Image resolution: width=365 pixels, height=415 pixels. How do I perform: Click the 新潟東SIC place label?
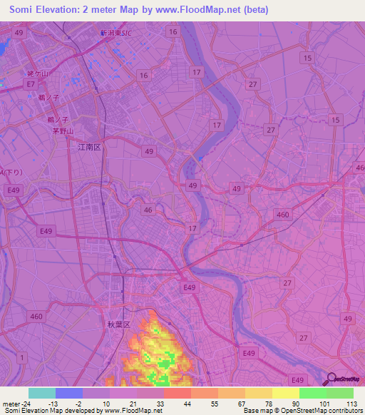click(x=116, y=33)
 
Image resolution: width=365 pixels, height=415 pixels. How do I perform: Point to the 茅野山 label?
click(x=63, y=131)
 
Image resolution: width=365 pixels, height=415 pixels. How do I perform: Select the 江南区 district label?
click(x=90, y=147)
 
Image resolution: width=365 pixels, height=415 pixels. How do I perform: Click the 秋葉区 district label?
click(x=118, y=324)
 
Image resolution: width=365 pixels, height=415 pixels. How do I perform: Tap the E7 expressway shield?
click(x=30, y=84)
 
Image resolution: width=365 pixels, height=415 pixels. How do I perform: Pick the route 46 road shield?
click(x=148, y=210)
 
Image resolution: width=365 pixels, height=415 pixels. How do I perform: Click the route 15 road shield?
click(x=307, y=58)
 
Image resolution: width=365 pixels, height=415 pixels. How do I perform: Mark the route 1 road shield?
click(x=23, y=357)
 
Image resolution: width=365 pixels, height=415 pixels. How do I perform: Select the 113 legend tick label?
click(x=351, y=404)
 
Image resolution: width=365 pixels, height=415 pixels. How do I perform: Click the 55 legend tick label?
click(x=214, y=404)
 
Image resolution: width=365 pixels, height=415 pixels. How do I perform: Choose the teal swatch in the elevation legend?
click(x=42, y=393)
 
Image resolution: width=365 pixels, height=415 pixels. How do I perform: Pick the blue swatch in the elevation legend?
click(x=69, y=393)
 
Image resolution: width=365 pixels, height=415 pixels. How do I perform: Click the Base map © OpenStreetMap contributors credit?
click(x=302, y=411)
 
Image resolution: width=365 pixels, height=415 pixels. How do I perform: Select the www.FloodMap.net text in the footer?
click(x=133, y=411)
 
